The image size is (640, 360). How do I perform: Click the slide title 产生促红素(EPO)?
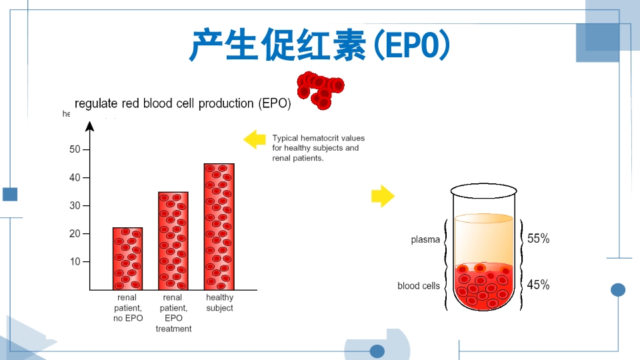click(320, 45)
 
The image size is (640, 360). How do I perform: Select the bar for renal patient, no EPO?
click(127, 259)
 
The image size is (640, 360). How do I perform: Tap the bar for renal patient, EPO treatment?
click(173, 241)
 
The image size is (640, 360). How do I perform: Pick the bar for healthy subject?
click(219, 227)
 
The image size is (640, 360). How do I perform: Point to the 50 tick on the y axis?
click(75, 149)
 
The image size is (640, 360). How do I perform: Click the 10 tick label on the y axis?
click(75, 261)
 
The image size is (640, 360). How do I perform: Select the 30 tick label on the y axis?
click(75, 205)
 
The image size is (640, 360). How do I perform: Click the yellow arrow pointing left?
click(254, 139)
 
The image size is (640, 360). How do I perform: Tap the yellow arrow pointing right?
click(383, 196)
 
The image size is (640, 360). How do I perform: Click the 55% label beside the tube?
click(538, 239)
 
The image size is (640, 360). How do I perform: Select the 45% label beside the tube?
click(538, 285)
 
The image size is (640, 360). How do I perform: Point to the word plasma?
click(425, 240)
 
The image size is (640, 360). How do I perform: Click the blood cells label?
click(419, 286)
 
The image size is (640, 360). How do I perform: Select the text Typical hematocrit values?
click(318, 138)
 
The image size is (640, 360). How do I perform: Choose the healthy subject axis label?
click(219, 303)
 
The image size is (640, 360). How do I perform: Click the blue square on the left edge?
click(10, 194)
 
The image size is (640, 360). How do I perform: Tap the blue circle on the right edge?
click(618, 289)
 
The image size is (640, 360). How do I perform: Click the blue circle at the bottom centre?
click(377, 351)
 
